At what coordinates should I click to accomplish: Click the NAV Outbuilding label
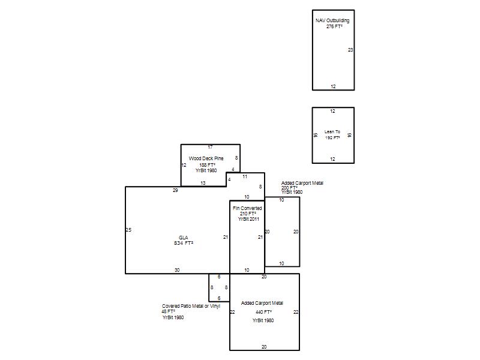coord(332,20)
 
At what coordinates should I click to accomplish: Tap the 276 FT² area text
coord(334,26)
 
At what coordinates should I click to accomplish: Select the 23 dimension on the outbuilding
coord(350,50)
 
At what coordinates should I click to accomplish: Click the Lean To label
coord(332,131)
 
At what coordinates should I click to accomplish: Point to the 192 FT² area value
coord(332,138)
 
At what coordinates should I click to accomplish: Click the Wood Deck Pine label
coord(206,158)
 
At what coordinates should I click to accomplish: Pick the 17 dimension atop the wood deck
coord(210,147)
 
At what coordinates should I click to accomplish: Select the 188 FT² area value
coord(207,165)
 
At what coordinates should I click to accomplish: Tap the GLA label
coord(184,238)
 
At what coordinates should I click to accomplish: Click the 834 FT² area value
coord(184,243)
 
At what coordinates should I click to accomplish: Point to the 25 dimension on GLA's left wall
coord(128,230)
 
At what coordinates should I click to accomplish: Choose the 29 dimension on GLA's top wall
coord(175,190)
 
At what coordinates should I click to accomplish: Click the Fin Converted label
coord(247,208)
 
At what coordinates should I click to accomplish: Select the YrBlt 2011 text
coord(248,219)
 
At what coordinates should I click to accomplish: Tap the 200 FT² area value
coord(290,188)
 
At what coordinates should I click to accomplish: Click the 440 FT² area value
coord(264,312)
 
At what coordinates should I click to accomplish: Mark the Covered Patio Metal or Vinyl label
coord(191,306)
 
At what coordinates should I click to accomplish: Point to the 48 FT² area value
coord(169,311)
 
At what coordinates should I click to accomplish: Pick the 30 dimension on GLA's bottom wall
coord(177,270)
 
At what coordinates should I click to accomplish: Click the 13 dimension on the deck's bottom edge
coord(203,183)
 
